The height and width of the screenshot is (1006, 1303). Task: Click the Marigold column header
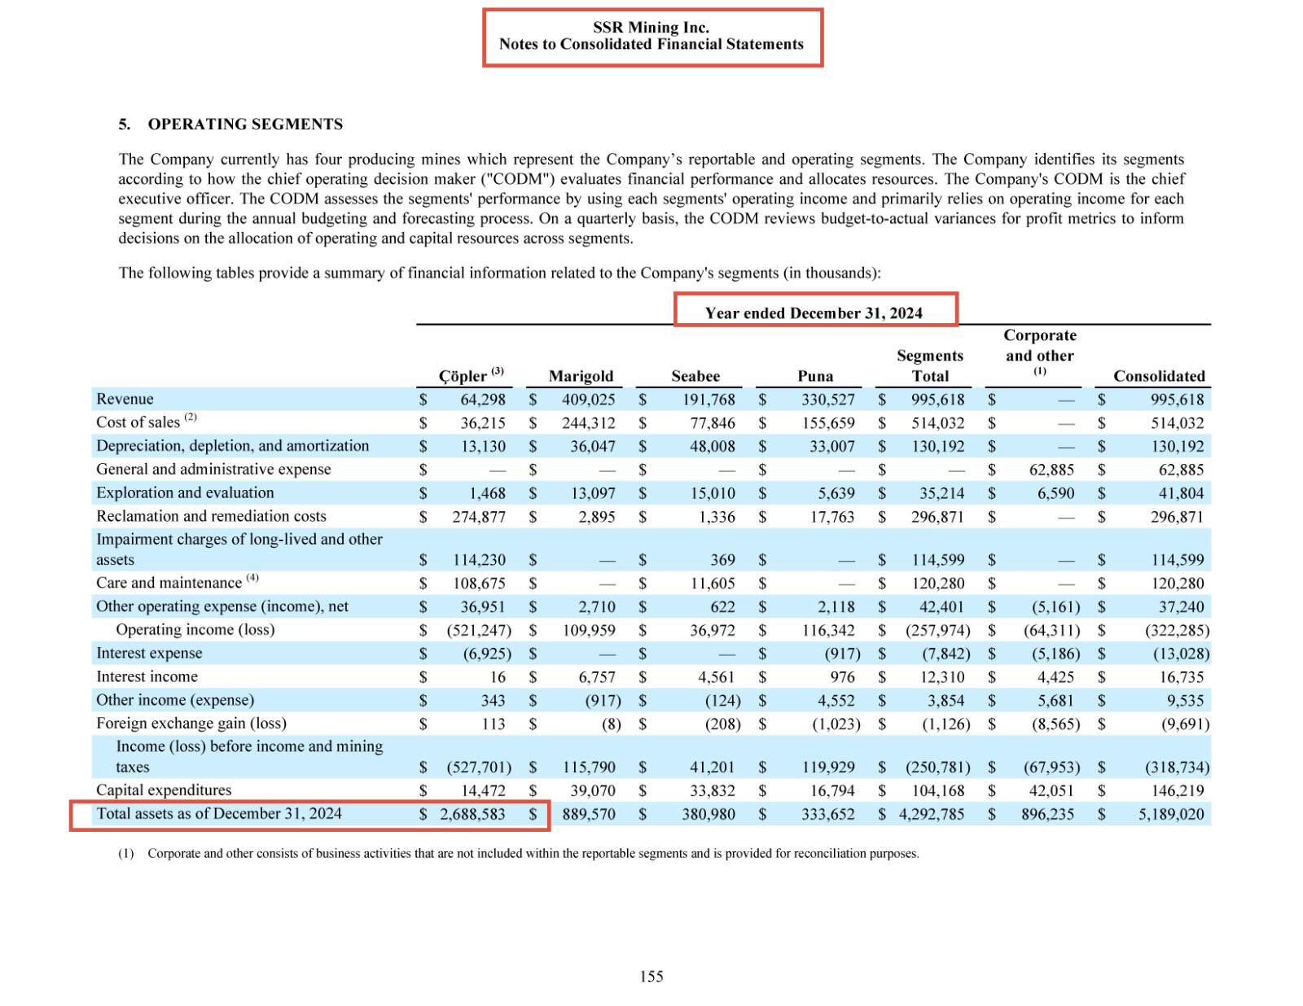pos(581,376)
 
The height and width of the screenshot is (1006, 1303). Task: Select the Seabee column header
pos(695,376)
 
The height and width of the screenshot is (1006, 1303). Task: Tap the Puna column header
pos(815,376)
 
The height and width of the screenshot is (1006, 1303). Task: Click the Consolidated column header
pos(1159,376)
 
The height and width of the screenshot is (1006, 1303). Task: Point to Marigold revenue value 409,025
pos(588,400)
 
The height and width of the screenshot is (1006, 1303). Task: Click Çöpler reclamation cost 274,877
pos(479,517)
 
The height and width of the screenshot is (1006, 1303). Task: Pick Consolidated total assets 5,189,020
pos(1171,814)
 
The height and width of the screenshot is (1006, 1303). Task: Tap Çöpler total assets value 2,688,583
pos(472,814)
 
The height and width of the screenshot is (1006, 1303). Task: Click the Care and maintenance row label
pos(169,583)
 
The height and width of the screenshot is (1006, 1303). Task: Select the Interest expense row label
pos(149,653)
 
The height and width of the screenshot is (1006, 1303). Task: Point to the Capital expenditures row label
pos(164,790)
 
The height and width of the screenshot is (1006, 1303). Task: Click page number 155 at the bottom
pos(651,976)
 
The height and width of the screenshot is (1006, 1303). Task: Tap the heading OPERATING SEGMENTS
pos(245,125)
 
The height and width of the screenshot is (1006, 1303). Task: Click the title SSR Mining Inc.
pos(651,28)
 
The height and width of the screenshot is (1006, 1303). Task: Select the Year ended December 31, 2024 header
pos(814,313)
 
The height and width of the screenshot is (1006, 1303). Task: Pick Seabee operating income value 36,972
pos(712,630)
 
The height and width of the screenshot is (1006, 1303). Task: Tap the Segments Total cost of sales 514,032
pos(937,423)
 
